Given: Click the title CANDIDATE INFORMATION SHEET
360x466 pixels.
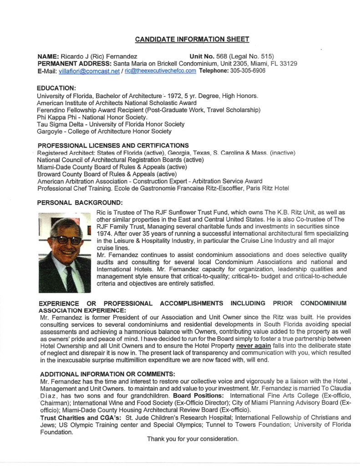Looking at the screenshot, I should coord(192,39).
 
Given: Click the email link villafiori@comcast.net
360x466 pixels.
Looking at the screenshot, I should coord(90,71).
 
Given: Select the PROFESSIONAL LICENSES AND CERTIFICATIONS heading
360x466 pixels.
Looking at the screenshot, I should coord(113,145).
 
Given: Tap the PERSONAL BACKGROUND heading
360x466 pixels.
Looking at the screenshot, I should coord(80,202).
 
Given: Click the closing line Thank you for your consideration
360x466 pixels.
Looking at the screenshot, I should coord(193,439).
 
